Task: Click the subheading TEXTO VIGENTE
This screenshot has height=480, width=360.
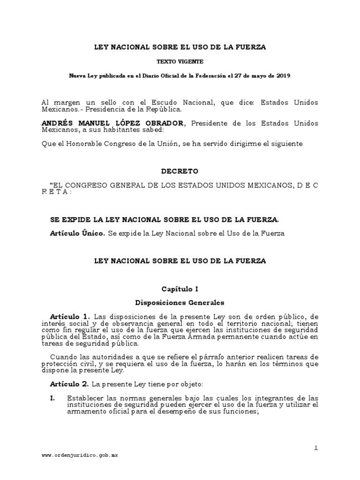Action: click(x=180, y=61)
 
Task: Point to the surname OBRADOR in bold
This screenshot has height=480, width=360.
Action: click(x=163, y=123)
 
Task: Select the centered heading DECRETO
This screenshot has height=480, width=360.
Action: click(x=180, y=171)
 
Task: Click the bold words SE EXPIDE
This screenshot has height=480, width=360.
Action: click(x=71, y=219)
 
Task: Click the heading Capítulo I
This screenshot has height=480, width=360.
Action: click(x=180, y=289)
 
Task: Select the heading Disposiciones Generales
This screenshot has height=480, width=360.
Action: click(x=180, y=302)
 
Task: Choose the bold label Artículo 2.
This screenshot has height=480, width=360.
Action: click(x=69, y=384)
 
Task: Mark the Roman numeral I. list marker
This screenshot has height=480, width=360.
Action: click(x=53, y=398)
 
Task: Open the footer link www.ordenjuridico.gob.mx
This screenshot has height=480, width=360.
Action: click(x=80, y=455)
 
